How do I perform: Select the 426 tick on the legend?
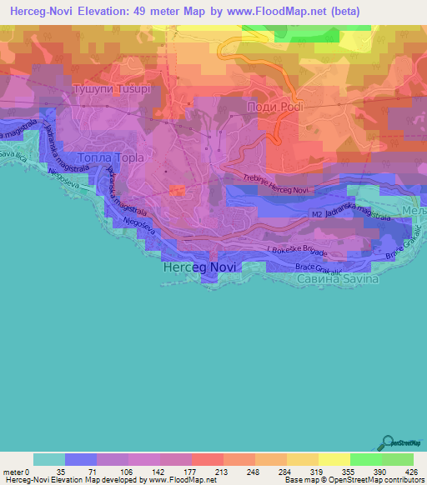(x=411, y=470)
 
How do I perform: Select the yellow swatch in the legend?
(x=334, y=459)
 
